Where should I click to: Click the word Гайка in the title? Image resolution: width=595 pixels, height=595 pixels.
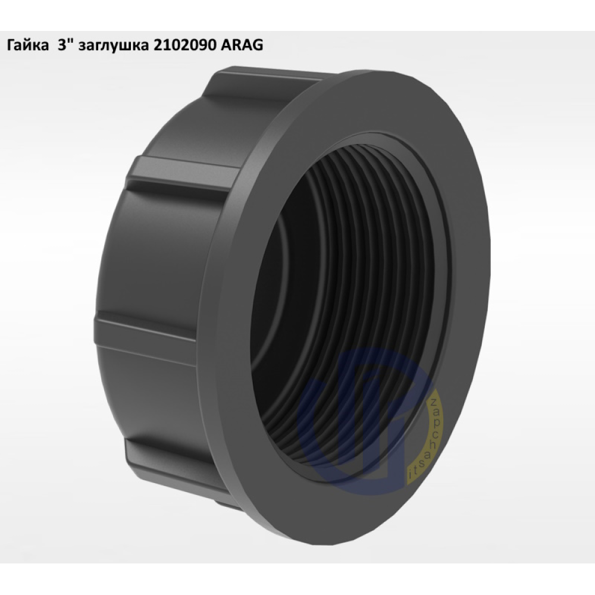28,45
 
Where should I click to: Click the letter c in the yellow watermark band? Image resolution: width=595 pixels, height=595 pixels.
435,434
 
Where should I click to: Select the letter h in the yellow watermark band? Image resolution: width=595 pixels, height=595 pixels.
433,444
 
